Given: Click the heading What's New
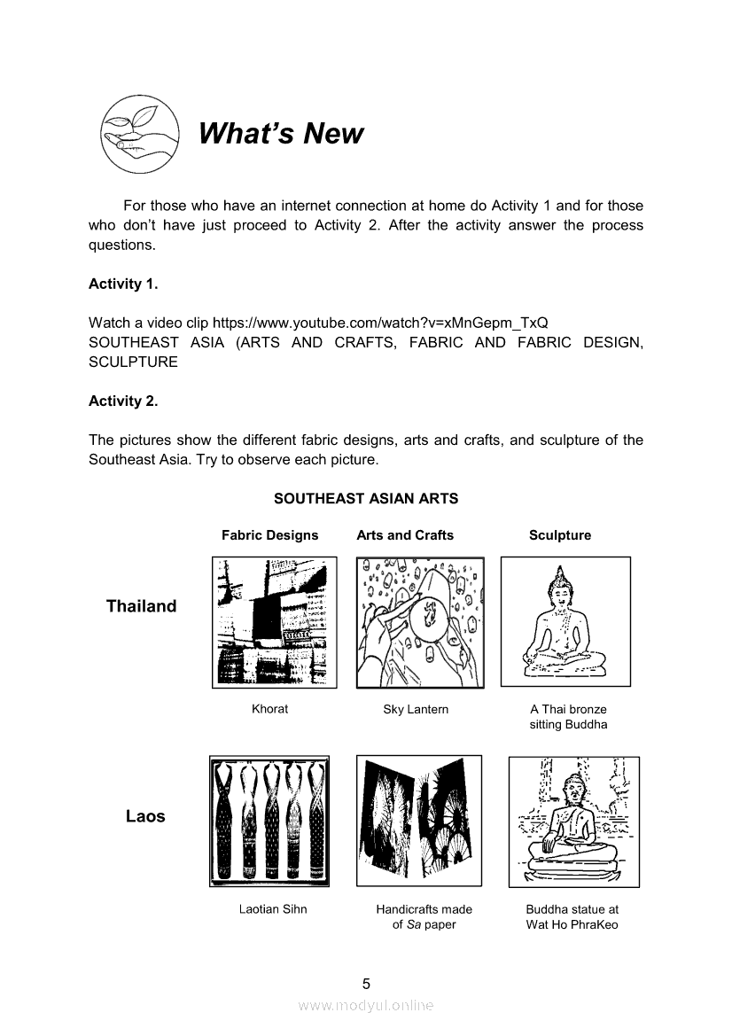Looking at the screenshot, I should pos(280,134).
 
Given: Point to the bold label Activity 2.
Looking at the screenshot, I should pos(123,401).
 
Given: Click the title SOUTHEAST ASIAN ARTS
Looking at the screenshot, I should pos(366,499).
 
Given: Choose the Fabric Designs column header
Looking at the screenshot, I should pos(269,535).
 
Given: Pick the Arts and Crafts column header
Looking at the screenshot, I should pos(404,535).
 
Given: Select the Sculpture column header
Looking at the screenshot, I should pos(559,535).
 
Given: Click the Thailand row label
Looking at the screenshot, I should pos(141,606).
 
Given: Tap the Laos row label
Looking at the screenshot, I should pos(145,816).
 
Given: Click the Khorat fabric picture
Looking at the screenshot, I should pos(275,622).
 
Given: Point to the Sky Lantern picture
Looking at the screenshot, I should pos(420,622).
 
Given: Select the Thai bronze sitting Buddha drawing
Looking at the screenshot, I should pos(565,621).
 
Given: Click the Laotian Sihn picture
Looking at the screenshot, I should pos(269,821).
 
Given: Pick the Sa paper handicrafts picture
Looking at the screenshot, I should pos(419,821).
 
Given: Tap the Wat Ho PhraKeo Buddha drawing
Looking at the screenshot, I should pos(573,822).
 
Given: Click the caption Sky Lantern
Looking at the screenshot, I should pos(416,709).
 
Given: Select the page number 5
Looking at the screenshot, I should pos(366,983).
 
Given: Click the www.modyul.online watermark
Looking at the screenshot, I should pos(366,1005).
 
